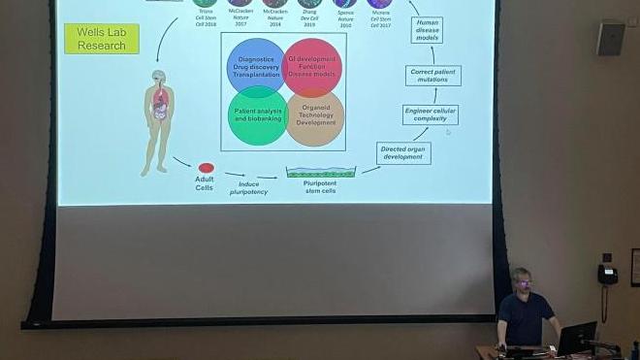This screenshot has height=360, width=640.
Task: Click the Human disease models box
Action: [x=427, y=29]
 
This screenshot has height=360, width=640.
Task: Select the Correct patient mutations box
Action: [x=432, y=75]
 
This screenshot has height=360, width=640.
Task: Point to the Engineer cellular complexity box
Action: [x=431, y=115]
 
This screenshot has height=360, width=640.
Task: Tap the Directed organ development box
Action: [x=404, y=153]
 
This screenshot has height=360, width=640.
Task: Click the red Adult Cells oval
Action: [x=207, y=168]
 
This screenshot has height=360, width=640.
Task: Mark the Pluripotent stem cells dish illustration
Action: [x=321, y=173]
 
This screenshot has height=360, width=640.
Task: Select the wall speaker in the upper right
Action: [x=610, y=37]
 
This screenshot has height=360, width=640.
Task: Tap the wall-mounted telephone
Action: [x=608, y=274]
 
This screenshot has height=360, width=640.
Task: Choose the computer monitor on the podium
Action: [x=576, y=337]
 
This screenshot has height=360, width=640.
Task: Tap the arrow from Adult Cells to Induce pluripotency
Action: [x=181, y=161]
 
